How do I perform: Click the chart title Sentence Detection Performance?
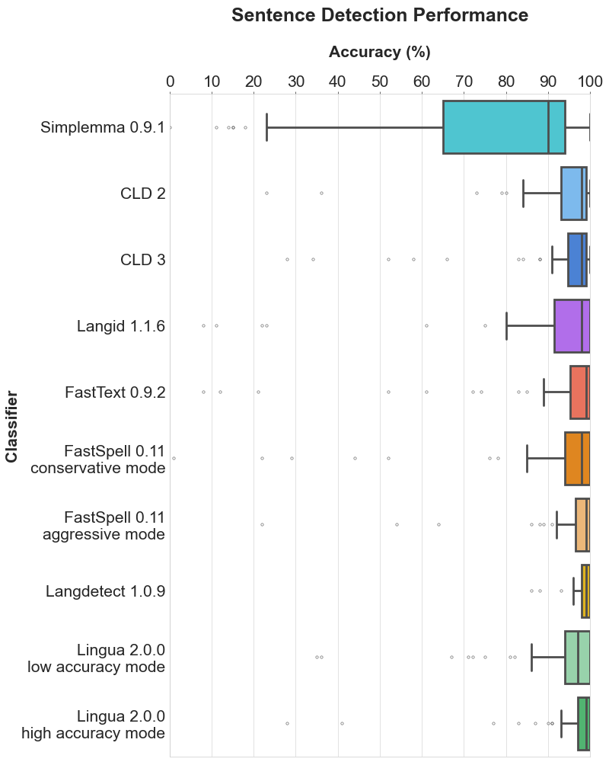pyautogui.click(x=379, y=15)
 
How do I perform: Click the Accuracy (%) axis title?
pyautogui.click(x=379, y=52)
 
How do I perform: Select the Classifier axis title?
pyautogui.click(x=12, y=427)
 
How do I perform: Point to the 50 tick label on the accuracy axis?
pyautogui.click(x=379, y=82)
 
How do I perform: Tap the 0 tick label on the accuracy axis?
pyautogui.click(x=170, y=82)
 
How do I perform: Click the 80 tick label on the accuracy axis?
pyautogui.click(x=505, y=82)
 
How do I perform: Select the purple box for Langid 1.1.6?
pyautogui.click(x=567, y=326)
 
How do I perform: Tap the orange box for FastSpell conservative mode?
pyautogui.click(x=573, y=459)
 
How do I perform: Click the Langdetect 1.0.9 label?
pyautogui.click(x=105, y=591)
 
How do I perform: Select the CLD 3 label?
pyautogui.click(x=142, y=260)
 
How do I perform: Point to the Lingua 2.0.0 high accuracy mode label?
pyautogui.click(x=93, y=725)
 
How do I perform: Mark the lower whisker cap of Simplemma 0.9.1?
pyautogui.click(x=266, y=127)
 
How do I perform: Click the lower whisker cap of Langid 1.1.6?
pyautogui.click(x=506, y=326)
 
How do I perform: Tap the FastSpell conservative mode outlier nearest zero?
pyautogui.click(x=174, y=459)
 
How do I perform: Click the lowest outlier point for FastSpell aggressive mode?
pyautogui.click(x=262, y=525)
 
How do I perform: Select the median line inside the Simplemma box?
pyautogui.click(x=548, y=127)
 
